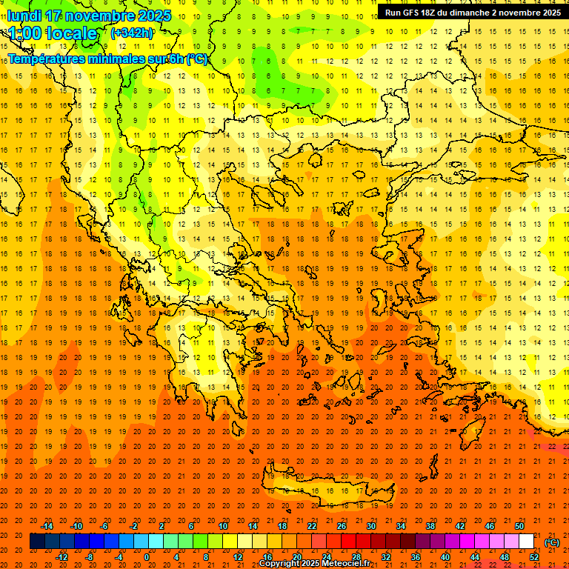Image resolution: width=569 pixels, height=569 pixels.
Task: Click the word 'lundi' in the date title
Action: click(x=24, y=16)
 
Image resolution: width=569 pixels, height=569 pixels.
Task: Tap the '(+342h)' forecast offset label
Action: click(x=132, y=33)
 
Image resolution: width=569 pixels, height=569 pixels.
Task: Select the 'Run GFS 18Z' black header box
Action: click(x=473, y=13)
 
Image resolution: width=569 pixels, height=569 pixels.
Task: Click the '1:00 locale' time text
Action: click(x=53, y=33)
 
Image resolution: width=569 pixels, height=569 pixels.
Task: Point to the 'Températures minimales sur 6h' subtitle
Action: click(x=107, y=59)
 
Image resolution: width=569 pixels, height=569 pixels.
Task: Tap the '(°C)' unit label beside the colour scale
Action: click(x=551, y=542)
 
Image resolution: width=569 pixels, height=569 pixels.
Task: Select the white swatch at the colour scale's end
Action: click(x=527, y=542)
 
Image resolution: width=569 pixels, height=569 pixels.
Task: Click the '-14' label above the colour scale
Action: click(x=49, y=526)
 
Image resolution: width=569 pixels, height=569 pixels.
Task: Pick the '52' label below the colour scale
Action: click(x=534, y=557)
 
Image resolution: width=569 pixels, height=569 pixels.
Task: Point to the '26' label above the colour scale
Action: click(x=342, y=526)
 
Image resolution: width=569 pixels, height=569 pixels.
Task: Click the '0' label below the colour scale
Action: click(x=147, y=557)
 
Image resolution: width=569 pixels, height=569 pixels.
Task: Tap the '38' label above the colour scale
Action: click(x=430, y=526)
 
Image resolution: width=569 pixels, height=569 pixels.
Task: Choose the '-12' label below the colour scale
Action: click(x=61, y=557)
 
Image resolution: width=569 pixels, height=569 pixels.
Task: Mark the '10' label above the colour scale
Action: click(x=223, y=526)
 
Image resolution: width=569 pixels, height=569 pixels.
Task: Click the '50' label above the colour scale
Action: click(x=519, y=526)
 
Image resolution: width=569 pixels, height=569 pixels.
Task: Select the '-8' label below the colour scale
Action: click(x=90, y=557)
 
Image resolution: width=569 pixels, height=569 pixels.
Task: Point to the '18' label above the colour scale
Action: click(x=282, y=526)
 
